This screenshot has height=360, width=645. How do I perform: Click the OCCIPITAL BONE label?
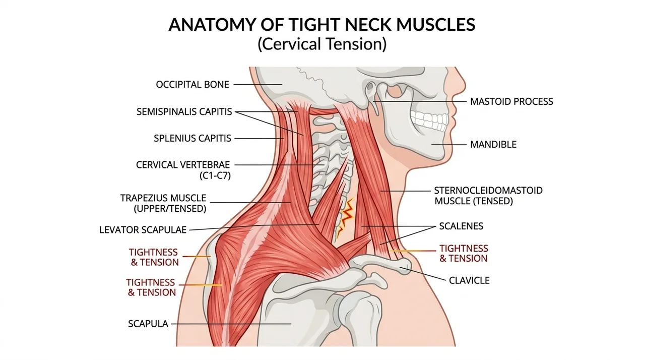point(192,84)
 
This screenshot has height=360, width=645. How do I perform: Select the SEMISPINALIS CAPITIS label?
point(184,111)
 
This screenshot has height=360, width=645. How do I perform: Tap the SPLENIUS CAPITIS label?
point(192,138)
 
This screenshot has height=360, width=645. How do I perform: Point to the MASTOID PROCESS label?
point(511,101)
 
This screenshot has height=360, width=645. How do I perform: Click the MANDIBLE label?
point(493,144)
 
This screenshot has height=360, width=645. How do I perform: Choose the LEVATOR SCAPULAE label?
point(143,230)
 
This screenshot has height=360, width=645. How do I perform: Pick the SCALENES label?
point(461,226)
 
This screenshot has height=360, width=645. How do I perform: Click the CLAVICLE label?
point(469,280)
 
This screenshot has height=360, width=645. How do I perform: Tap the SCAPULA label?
point(148,324)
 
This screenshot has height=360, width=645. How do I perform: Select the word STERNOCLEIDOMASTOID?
point(488,191)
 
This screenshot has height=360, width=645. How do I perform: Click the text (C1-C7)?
point(215,175)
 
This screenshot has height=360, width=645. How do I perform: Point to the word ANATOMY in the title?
point(212,25)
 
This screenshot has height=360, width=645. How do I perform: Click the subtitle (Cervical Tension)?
point(322,44)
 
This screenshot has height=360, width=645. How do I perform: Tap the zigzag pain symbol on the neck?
point(346,218)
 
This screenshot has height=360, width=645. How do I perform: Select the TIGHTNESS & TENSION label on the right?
point(464,254)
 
